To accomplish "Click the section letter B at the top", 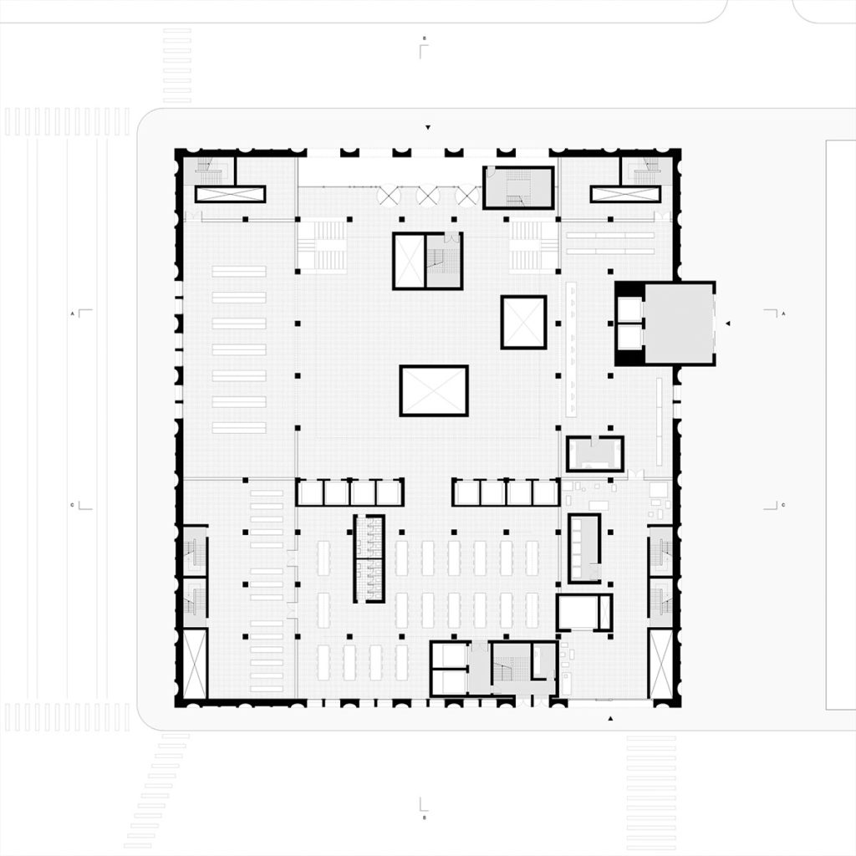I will tap(425, 39).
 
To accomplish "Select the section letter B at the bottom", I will tap(424, 817).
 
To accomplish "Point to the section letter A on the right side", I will tap(783, 313).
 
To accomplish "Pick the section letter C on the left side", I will tap(74, 505).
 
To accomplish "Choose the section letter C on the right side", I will tap(783, 505).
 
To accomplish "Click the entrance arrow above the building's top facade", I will tap(428, 128).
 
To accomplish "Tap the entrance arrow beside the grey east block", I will tap(727, 323).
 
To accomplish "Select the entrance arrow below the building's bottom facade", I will tap(611, 718).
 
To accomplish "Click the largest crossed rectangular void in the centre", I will tap(433, 390).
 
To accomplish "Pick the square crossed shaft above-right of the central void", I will tap(523, 322).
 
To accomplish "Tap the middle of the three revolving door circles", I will tap(428, 195).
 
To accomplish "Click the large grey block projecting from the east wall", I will tap(679, 323).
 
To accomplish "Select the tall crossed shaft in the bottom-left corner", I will tap(194, 664).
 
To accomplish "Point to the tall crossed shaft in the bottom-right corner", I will tap(660, 664).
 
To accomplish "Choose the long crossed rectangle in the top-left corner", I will tap(230, 194).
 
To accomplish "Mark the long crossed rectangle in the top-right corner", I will tap(625, 194).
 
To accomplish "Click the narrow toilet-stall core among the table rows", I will tap(369, 558).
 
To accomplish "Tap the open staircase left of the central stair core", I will tap(322, 245).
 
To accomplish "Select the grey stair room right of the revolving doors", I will tap(518, 188).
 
